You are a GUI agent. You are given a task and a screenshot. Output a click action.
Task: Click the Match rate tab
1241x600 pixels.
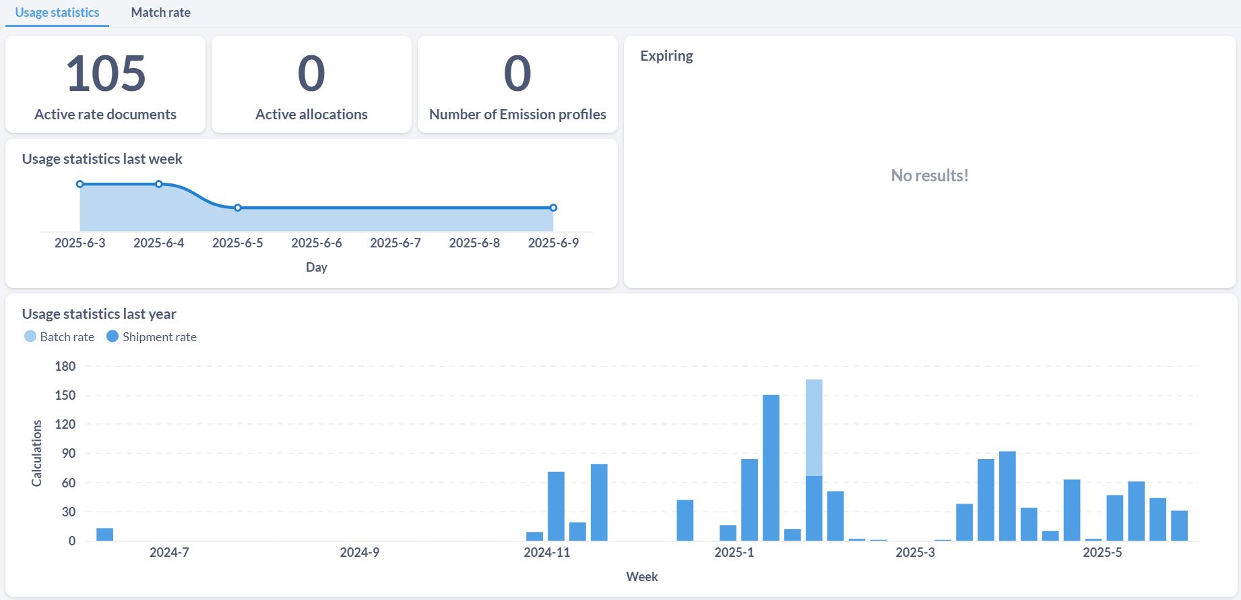pos(160,12)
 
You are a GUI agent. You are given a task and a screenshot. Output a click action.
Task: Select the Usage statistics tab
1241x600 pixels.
pos(57,12)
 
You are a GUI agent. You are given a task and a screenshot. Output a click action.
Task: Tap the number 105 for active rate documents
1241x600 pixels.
pos(106,73)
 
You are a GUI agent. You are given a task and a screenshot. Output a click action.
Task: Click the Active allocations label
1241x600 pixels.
pos(311,115)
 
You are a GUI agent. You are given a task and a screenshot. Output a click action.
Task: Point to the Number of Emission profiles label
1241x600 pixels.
pos(517,115)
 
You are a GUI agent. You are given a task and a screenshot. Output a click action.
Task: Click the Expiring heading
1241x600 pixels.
pos(666,56)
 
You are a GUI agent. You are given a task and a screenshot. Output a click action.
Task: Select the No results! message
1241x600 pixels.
pos(930,175)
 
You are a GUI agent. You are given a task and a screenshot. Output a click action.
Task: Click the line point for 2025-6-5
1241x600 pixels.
pos(238,208)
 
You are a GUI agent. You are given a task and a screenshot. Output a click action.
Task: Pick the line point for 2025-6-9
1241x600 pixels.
pos(553,208)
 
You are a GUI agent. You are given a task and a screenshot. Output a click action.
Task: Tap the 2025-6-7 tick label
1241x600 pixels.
pos(395,243)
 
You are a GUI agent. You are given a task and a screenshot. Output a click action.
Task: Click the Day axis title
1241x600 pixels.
pos(317,267)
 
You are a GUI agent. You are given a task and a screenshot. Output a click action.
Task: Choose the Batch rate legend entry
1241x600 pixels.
pos(59,336)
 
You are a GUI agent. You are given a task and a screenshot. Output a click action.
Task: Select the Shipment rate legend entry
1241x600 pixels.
pos(152,336)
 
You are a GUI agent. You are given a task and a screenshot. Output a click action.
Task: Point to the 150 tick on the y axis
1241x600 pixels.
pos(65,395)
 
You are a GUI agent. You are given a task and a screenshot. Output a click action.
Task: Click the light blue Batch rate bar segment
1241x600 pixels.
pos(814,427)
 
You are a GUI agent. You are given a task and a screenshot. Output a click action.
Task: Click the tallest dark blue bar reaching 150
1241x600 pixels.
pos(771,468)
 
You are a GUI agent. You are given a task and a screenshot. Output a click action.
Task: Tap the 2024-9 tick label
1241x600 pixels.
pos(359,552)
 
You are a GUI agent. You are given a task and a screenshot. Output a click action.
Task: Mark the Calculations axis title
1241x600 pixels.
pos(36,453)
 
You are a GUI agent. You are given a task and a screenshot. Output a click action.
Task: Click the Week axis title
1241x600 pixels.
pos(642,576)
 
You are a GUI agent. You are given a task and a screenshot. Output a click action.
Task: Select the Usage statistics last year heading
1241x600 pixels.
pos(99,313)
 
